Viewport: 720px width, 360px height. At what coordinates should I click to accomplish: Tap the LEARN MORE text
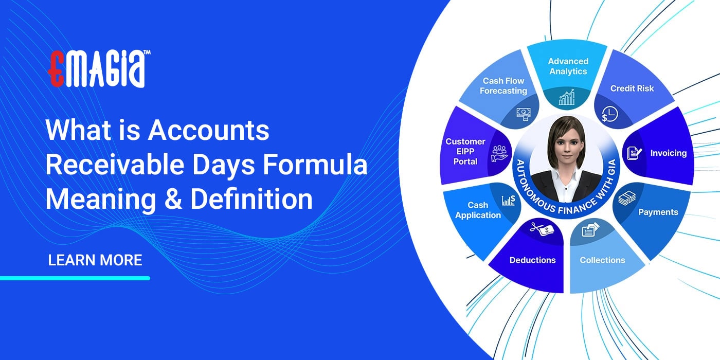(x=95, y=260)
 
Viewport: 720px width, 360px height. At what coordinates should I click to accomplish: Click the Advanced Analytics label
(x=568, y=66)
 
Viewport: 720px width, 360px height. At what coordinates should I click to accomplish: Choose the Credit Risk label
(x=632, y=88)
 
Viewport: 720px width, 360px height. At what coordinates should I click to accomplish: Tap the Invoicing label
(x=668, y=153)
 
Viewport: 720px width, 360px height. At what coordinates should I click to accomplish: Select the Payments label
(x=658, y=212)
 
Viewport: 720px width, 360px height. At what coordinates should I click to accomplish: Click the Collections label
(x=602, y=260)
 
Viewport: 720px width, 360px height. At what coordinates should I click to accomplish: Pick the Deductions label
(x=532, y=260)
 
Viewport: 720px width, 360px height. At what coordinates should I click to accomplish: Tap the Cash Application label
(x=478, y=210)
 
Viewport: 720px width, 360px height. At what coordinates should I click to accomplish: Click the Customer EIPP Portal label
(x=465, y=151)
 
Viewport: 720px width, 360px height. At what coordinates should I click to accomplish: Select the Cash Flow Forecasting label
(x=503, y=86)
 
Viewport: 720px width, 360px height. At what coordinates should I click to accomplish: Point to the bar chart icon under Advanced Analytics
(x=567, y=97)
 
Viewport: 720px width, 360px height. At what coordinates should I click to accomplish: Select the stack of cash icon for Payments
(x=628, y=199)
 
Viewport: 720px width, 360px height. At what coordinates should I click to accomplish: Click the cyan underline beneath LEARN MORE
(x=75, y=278)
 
